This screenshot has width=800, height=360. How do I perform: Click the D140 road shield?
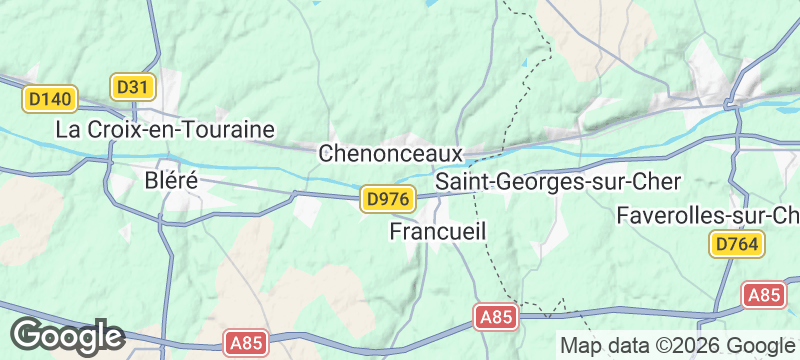50,99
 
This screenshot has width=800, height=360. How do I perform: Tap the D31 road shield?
131,87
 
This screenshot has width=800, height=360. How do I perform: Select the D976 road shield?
386,199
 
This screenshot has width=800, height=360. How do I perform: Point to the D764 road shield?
738,244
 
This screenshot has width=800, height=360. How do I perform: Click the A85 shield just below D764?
766,294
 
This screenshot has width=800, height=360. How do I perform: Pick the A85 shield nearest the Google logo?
246,343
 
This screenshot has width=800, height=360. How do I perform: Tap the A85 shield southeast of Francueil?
496,317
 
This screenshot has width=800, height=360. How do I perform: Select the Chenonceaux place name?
391,154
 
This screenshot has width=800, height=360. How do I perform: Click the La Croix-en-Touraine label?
165,129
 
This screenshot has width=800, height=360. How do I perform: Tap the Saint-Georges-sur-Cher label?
559,182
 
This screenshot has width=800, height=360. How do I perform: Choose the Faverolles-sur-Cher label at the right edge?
708,215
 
